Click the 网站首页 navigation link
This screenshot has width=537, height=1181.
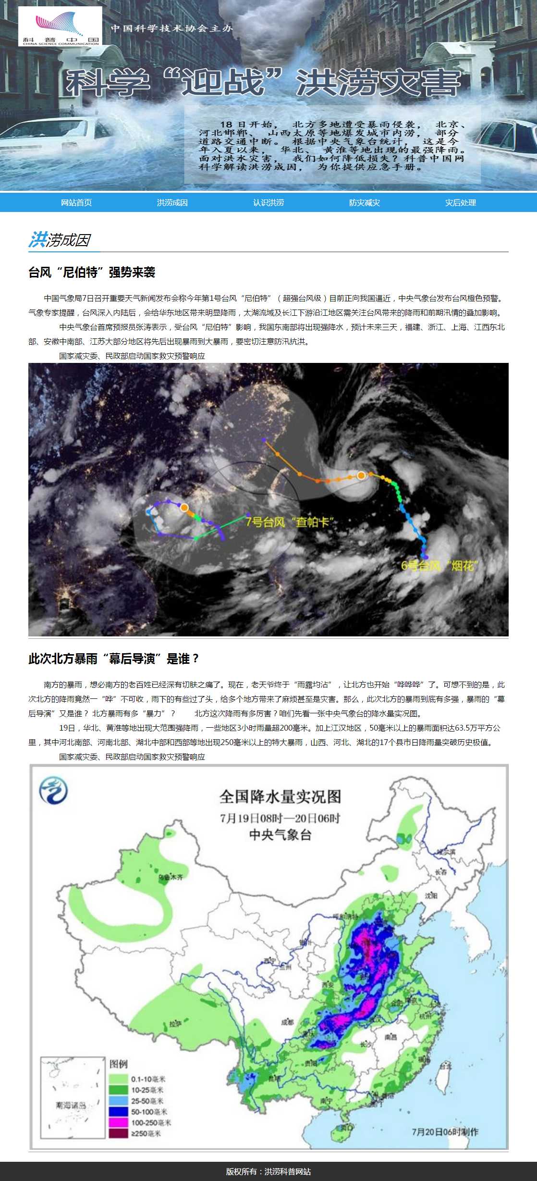coord(76,202)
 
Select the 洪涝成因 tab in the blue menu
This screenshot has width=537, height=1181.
coord(172,202)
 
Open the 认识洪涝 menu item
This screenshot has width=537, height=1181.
coord(268,202)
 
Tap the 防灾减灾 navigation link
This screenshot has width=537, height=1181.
coord(364,202)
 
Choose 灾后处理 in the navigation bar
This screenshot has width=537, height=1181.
coord(460,202)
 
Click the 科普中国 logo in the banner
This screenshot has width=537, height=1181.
coord(60,26)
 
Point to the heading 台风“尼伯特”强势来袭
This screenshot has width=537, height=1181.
coord(92,273)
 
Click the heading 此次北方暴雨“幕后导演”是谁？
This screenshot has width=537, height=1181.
coord(114,659)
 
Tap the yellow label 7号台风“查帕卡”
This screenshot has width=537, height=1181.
coord(290,522)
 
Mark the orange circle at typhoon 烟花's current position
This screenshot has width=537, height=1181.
coord(361,475)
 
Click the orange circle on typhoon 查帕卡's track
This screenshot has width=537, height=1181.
coord(184,507)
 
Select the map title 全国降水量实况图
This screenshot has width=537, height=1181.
coord(280,797)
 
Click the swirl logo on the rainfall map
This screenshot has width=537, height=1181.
coord(53,790)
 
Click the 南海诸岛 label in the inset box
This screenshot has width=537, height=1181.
coord(71,1106)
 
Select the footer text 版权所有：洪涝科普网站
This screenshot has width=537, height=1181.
coord(268,1171)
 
